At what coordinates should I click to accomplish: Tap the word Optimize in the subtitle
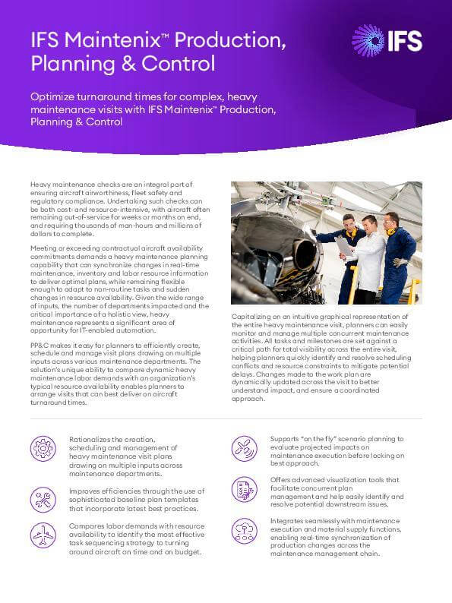[55, 96]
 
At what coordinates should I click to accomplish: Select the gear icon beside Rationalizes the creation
[44, 450]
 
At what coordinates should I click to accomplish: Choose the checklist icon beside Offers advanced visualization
[244, 490]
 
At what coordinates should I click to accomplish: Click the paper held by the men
[343, 245]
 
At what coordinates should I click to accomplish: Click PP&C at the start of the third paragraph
[40, 346]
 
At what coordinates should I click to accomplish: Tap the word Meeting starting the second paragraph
[45, 248]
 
